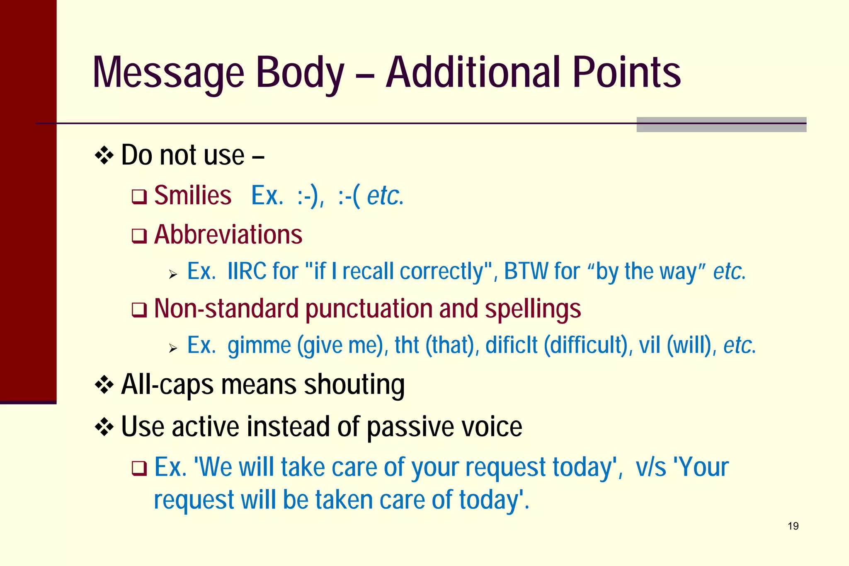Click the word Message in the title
tap(168, 73)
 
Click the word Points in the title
tap(626, 73)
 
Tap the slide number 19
tap(793, 526)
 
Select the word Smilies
tap(193, 196)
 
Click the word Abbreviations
tap(228, 235)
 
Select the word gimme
tap(259, 346)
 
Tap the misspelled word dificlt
tap(511, 346)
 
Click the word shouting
tap(354, 385)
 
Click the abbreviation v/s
tap(651, 467)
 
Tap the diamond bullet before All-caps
tap(104, 385)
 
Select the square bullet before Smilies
tap(139, 197)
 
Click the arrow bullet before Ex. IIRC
tap(173, 274)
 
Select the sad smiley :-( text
tap(349, 196)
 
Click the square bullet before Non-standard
tap(139, 310)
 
